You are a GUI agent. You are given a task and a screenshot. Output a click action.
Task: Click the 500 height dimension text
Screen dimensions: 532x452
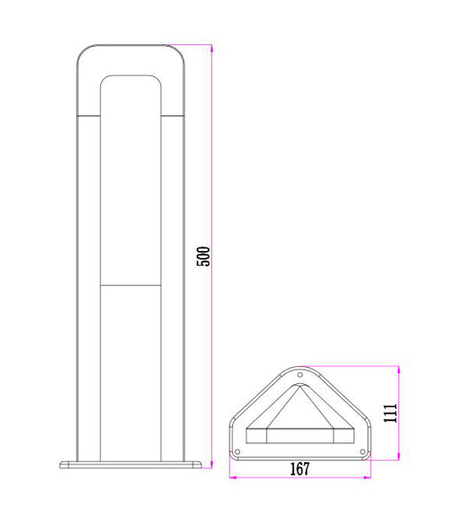(203, 255)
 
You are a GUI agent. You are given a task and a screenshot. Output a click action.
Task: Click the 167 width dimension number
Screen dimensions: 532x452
(300, 469)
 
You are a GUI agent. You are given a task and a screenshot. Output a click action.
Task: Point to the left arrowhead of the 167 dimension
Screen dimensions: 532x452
(233, 477)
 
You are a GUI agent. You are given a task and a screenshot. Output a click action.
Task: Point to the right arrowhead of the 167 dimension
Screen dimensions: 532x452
(366, 477)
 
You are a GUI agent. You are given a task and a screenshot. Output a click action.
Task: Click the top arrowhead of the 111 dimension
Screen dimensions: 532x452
(399, 369)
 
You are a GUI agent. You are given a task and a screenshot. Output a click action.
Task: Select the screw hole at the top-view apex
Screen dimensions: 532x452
(300, 376)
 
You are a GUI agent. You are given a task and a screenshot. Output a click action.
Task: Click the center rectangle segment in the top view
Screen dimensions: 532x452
(300, 435)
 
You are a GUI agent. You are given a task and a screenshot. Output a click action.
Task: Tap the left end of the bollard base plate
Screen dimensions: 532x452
(61, 464)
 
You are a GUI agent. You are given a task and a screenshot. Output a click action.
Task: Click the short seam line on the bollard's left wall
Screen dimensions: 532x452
(90, 115)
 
